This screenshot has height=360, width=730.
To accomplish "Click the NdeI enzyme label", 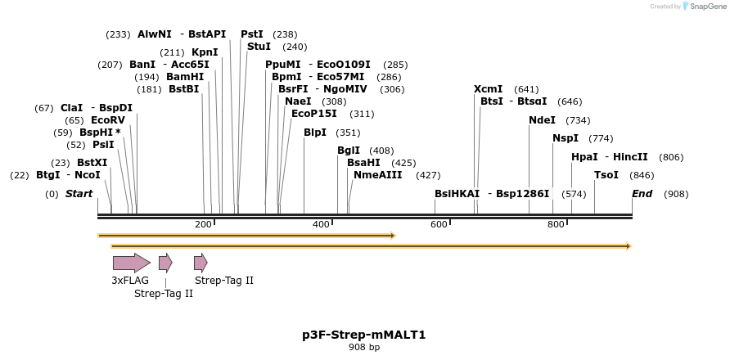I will coord(542,120).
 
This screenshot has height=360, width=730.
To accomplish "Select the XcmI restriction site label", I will coord(488,89).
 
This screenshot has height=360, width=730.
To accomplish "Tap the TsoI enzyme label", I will coord(606,175).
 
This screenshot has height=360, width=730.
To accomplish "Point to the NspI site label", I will coord(566,138).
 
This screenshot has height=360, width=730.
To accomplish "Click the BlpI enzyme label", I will coord(315,133).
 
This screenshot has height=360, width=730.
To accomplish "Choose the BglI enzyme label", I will coord(349,151).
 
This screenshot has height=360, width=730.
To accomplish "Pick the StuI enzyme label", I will coord(259,47).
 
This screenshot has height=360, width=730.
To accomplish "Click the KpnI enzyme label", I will coord(205,52).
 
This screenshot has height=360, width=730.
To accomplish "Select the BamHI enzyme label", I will coord(185,77).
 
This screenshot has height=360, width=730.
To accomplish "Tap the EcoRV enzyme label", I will coord(108,120).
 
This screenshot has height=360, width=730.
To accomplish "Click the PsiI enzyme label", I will coord(103,145).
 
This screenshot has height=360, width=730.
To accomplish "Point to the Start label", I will coord(79,194).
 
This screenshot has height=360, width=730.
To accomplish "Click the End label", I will coord(642,194).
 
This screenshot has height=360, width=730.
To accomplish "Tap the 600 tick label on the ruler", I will coord(439,224).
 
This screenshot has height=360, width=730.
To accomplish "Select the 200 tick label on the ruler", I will coord(203,224).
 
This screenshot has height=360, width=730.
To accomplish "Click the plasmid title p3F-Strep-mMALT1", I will coord(364,335).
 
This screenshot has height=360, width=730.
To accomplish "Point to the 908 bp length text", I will coord(364,348).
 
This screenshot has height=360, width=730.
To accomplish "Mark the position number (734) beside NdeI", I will coord(578,120).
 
